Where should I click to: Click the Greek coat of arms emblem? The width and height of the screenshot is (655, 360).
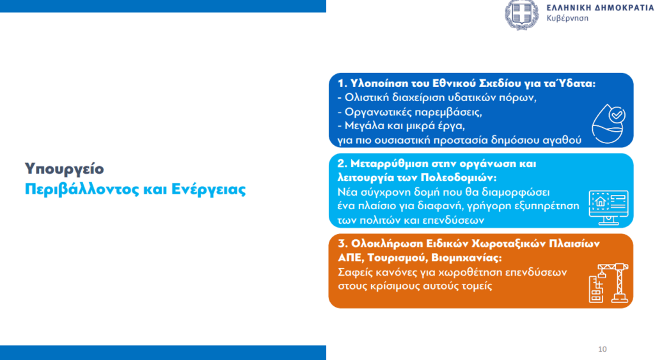pyautogui.click(x=522, y=14)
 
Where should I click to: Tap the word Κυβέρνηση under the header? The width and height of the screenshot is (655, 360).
pyautogui.click(x=567, y=19)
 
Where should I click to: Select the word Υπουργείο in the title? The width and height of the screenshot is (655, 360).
pyautogui.click(x=65, y=169)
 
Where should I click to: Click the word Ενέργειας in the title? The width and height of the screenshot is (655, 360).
pyautogui.click(x=209, y=190)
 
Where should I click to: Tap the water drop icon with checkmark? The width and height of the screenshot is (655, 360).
pyautogui.click(x=609, y=123)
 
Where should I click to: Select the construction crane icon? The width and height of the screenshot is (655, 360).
pyautogui.click(x=609, y=283)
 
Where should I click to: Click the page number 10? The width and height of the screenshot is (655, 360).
pyautogui.click(x=603, y=349)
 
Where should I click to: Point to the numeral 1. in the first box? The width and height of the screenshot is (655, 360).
pyautogui.click(x=342, y=84)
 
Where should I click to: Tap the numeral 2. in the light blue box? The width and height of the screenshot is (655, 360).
pyautogui.click(x=343, y=164)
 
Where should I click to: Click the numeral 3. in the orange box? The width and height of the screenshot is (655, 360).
pyautogui.click(x=343, y=244)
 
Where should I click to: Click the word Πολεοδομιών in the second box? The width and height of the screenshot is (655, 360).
pyautogui.click(x=458, y=178)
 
